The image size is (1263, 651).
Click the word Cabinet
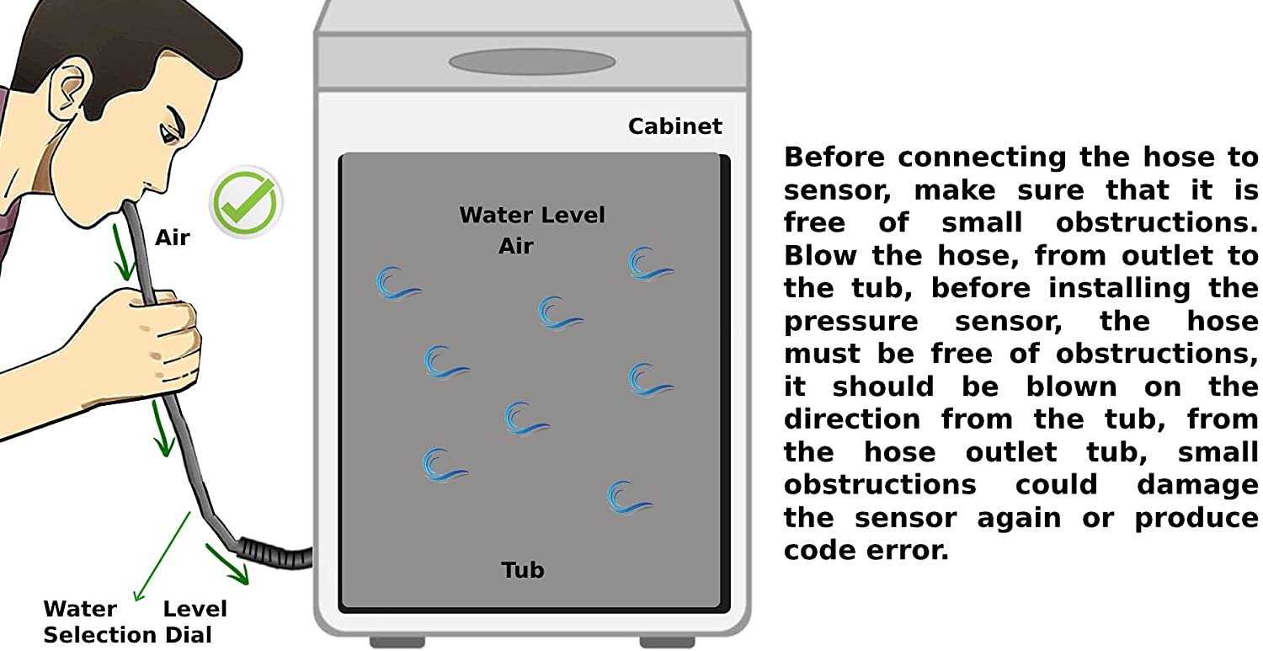pyautogui.click(x=674, y=126)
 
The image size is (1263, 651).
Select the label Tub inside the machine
pyautogui.click(x=522, y=570)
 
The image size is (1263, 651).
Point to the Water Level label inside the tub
pyautogui.click(x=531, y=215)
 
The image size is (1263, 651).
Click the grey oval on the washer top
pyautogui.click(x=532, y=62)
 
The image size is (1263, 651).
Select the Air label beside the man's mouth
pyautogui.click(x=172, y=237)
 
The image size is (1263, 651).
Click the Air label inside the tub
pyautogui.click(x=515, y=246)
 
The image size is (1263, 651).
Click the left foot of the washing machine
pyautogui.click(x=397, y=642)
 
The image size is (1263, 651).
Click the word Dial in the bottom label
pyautogui.click(x=188, y=635)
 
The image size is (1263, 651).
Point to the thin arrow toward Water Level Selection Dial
pyautogui.click(x=162, y=552)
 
